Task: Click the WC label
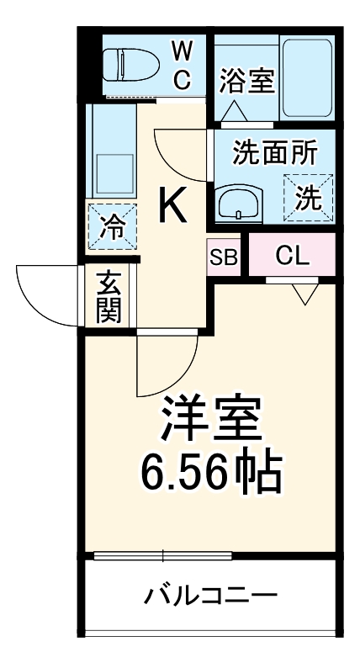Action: (183, 65)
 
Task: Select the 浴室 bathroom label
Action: (246, 82)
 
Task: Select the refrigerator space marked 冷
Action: (112, 225)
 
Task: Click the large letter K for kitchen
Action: (173, 206)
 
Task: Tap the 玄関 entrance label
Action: (108, 298)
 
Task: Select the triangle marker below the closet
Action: (304, 294)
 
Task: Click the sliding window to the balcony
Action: (162, 554)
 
